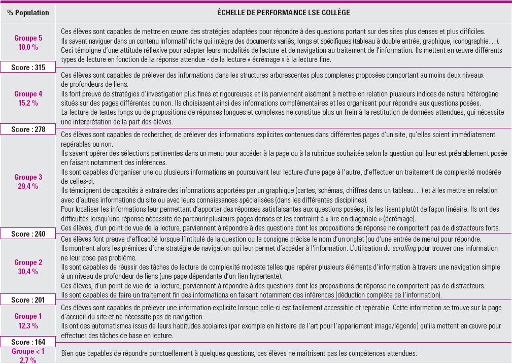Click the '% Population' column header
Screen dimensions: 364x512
28,12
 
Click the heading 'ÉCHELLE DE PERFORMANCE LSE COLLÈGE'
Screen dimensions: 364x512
283,12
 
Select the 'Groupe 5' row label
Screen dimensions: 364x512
28,39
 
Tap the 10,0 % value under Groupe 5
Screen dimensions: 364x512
28,47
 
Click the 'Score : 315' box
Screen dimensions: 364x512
28,68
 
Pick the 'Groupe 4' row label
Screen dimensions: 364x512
28,94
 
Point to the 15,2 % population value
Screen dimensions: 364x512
28,103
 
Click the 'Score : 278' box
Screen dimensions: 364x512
28,129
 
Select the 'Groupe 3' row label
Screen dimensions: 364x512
28,177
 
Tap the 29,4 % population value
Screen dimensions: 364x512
28,186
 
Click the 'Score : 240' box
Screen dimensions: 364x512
28,234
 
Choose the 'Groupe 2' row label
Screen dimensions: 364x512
28,262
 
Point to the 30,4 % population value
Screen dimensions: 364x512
28,271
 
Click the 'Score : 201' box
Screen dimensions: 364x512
28,300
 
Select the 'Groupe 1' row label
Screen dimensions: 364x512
28,316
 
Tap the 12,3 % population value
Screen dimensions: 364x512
28,325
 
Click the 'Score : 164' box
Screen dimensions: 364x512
28,342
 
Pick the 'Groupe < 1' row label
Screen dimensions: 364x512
28,351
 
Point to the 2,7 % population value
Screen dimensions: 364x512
28,359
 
